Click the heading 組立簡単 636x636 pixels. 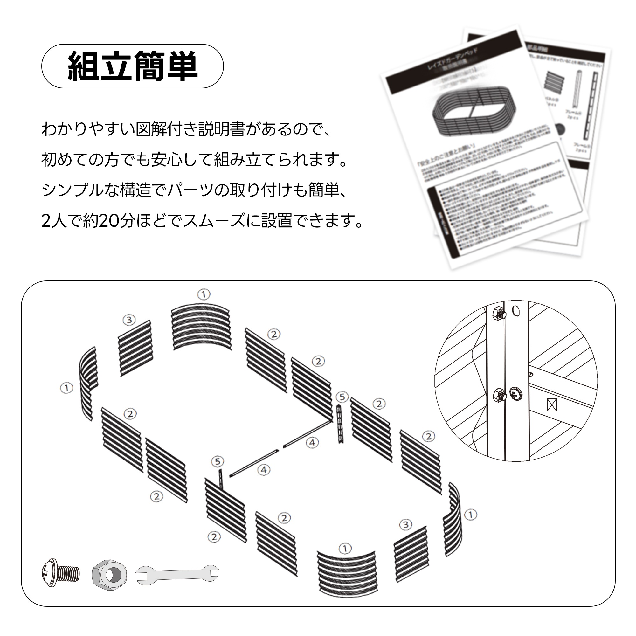pyautogui.click(x=132, y=66)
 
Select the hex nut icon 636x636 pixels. pyautogui.click(x=109, y=574)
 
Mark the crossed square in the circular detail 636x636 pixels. pyautogui.click(x=552, y=405)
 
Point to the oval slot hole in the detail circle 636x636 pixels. pyautogui.click(x=516, y=310)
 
